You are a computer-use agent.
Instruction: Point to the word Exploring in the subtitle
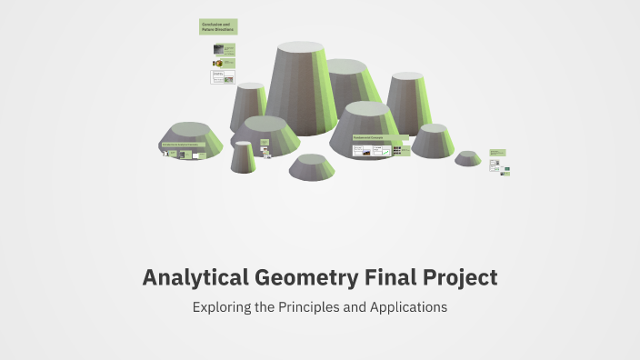click(222, 307)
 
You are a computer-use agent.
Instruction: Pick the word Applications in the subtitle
click(408, 307)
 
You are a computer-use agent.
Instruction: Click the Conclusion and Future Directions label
click(218, 26)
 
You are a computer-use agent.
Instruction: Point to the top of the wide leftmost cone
click(192, 128)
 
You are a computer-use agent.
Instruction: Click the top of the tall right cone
click(406, 77)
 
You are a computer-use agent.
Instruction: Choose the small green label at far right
click(496, 152)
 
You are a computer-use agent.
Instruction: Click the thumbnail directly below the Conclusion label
click(224, 48)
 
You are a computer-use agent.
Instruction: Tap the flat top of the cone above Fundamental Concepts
click(367, 109)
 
